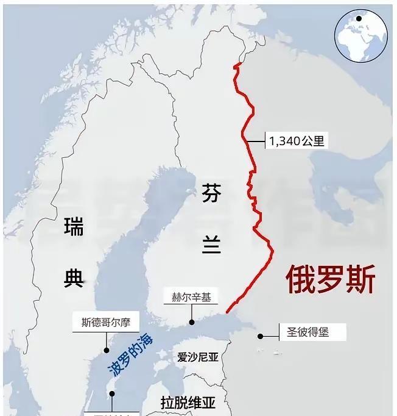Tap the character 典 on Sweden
(73, 278)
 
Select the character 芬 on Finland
(212, 195)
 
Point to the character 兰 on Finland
(212, 245)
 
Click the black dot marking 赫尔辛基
(191, 322)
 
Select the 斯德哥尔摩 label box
(106, 322)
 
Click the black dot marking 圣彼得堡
(260, 335)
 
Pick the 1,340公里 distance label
(296, 142)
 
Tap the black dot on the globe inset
(359, 18)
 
